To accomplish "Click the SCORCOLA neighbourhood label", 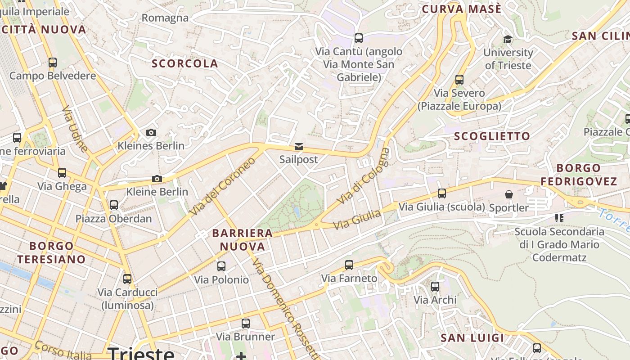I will click(185, 64).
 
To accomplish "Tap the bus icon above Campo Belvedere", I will click(53, 63).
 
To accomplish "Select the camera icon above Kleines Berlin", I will click(151, 132).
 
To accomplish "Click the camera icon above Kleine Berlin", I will click(157, 179).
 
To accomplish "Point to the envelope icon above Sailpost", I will click(298, 147).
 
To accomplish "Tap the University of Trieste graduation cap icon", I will click(508, 40).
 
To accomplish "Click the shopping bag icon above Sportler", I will click(509, 194).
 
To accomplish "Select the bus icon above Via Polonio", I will click(221, 266).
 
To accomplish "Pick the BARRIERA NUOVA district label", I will click(243, 239).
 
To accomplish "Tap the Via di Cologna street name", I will click(364, 175).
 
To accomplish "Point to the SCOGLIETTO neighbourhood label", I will click(492, 136).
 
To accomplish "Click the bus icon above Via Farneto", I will click(349, 265).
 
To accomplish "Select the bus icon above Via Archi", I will click(435, 287).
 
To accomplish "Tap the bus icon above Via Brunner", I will click(245, 323).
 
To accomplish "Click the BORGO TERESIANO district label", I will click(51, 252).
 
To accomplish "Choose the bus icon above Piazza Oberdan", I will click(114, 205).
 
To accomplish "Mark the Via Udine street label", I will click(75, 129).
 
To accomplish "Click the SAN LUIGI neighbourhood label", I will click(472, 338).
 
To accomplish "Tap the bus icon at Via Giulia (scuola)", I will click(442, 193).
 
